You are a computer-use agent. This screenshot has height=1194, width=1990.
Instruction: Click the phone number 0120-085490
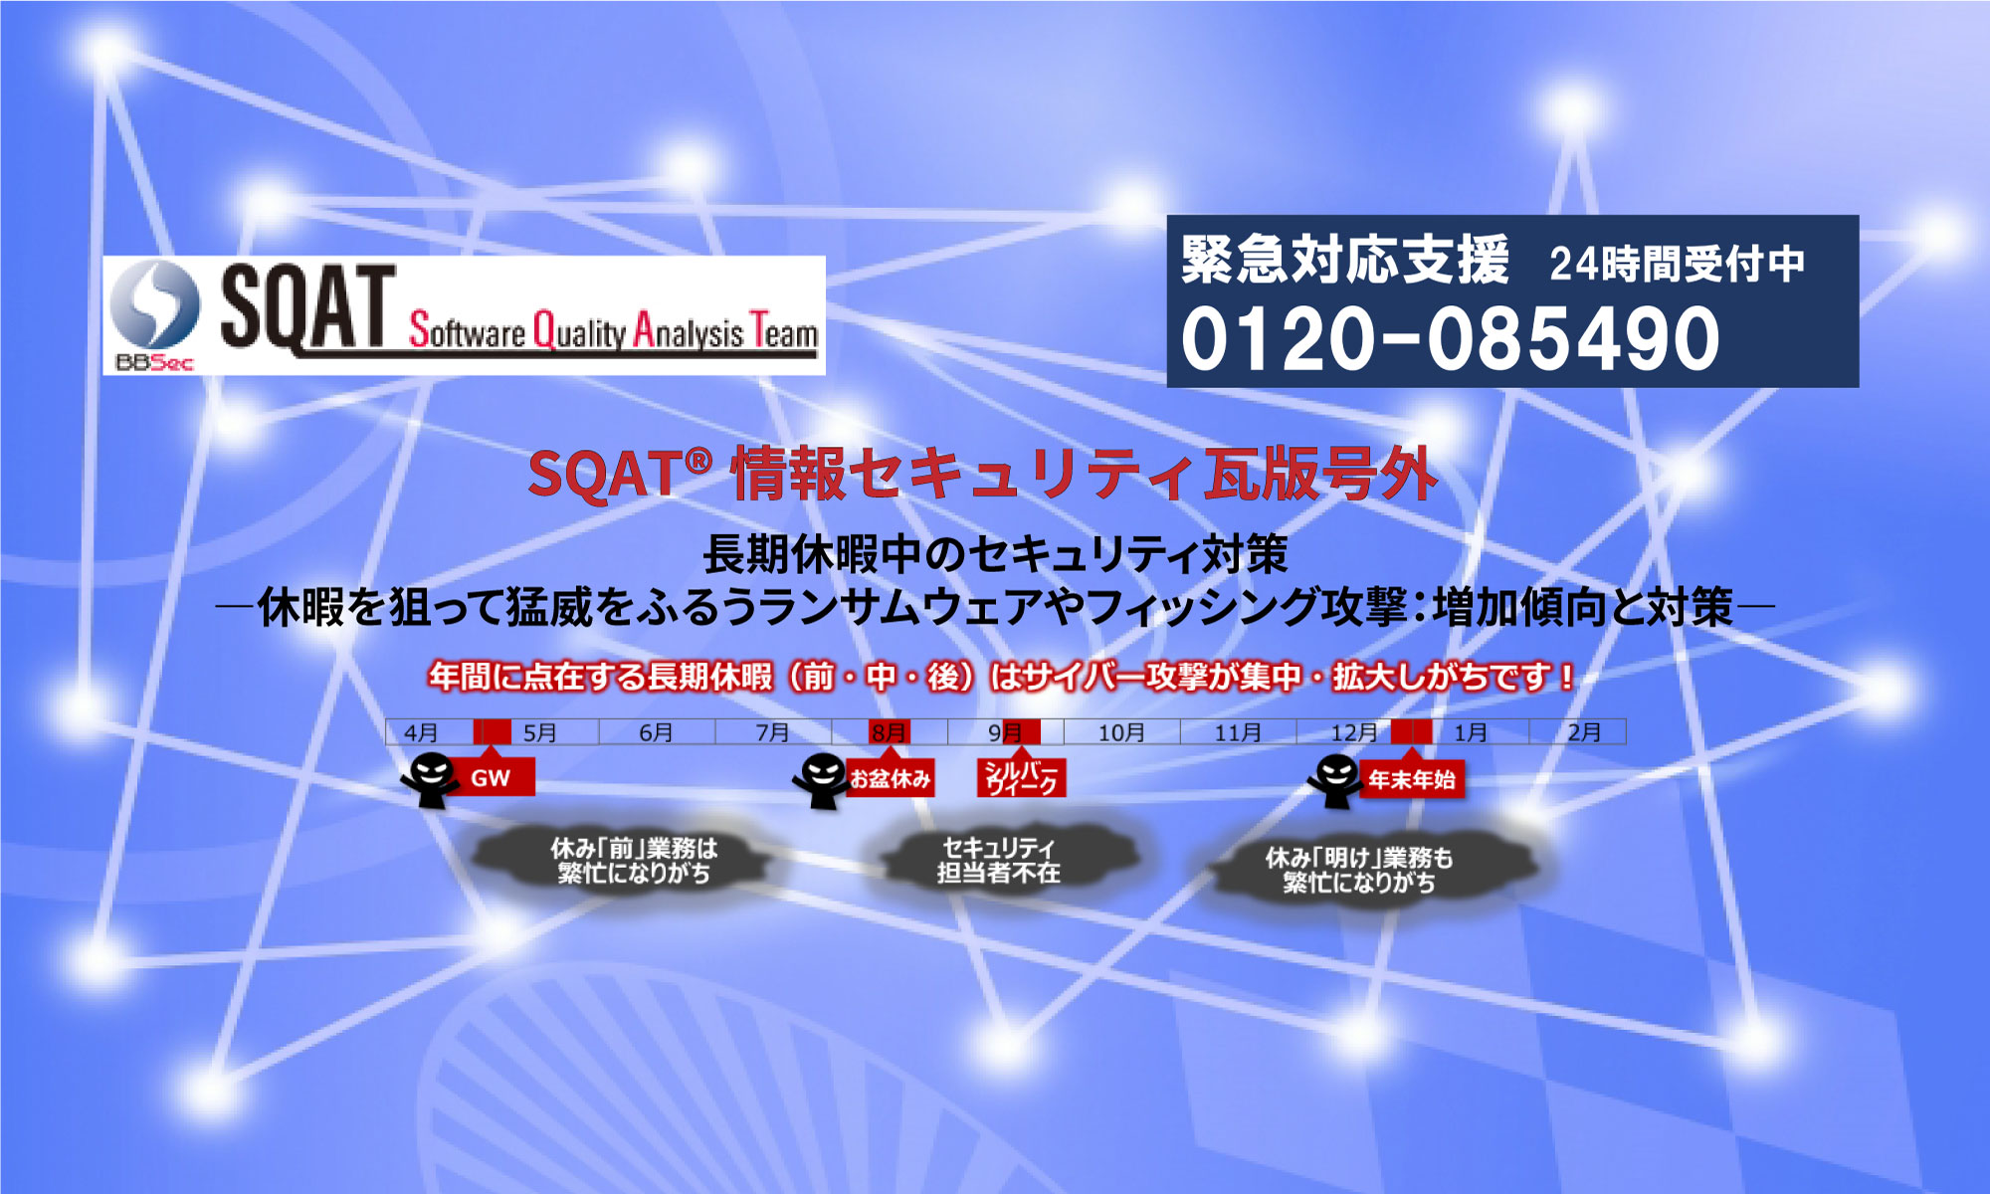1450,337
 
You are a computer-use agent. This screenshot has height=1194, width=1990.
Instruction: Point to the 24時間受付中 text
1677,264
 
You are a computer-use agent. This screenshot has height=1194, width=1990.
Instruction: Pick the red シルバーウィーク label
1022,778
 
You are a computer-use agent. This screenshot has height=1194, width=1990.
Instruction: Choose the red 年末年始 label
1411,779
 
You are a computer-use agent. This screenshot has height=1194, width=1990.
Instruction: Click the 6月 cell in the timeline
657,732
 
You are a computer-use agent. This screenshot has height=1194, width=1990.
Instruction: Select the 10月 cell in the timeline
1121,732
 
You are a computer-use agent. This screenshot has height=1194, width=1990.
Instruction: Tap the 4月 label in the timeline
421,733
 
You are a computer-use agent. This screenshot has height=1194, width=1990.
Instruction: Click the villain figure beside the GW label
429,780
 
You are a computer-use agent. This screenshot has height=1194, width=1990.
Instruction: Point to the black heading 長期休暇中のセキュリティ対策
996,554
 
